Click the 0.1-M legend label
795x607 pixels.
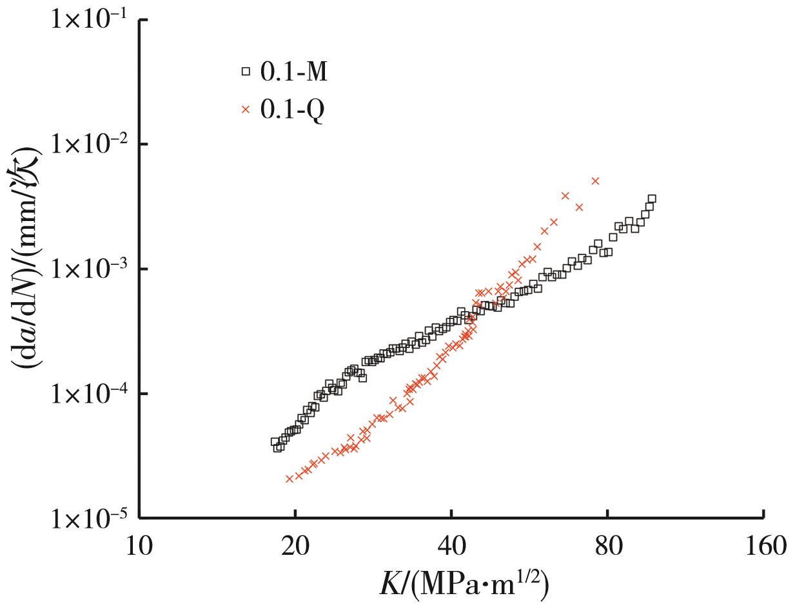click(294, 72)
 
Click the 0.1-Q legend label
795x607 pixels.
click(293, 110)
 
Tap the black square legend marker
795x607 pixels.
click(245, 72)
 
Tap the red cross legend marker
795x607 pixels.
click(245, 110)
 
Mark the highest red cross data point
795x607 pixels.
click(595, 181)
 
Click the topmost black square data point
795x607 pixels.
click(651, 199)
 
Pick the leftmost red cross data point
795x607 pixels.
click(290, 479)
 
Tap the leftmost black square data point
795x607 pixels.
click(275, 442)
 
